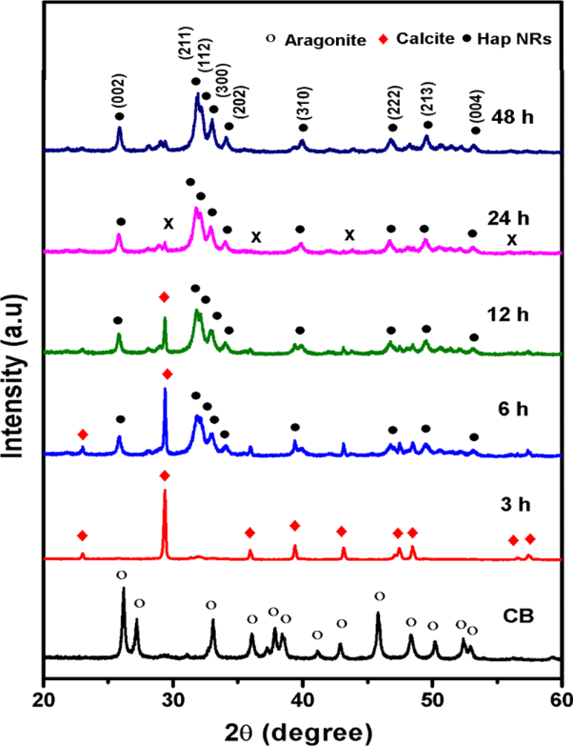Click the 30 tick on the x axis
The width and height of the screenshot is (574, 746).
tap(172, 689)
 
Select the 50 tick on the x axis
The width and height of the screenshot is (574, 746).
tap(432, 689)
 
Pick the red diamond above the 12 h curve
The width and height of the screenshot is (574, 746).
tap(165, 297)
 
